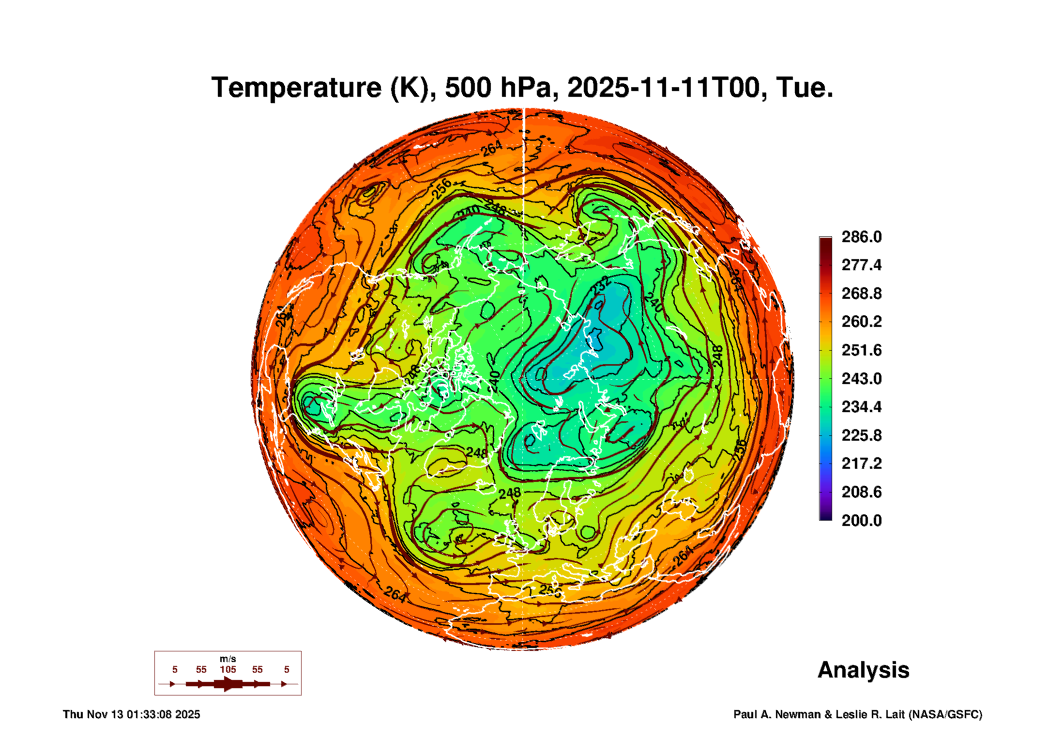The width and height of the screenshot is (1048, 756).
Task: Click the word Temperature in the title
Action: coord(296,88)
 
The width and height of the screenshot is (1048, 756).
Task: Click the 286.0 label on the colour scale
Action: coord(861,237)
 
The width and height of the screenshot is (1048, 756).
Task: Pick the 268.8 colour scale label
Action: coord(861,293)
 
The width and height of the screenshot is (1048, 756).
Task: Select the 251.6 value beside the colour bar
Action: coord(861,350)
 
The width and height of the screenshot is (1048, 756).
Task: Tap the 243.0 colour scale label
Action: coord(861,378)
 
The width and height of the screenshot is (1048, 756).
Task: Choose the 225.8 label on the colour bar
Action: coord(861,435)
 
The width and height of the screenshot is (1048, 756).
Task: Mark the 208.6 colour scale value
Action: coord(861,492)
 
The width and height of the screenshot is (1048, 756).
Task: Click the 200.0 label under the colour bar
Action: coord(861,521)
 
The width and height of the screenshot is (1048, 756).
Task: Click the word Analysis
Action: coord(863,670)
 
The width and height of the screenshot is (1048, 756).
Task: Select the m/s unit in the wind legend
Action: coord(228,659)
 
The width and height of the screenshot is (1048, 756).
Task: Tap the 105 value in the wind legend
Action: coord(228,669)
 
